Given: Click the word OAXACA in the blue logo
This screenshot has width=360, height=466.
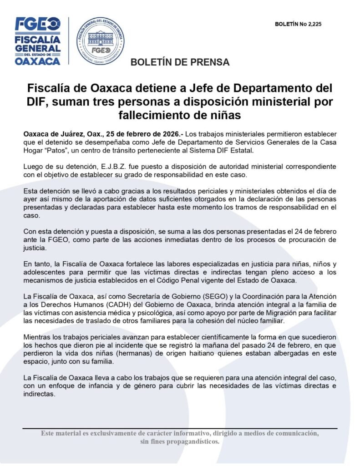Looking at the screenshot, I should (x=38, y=61).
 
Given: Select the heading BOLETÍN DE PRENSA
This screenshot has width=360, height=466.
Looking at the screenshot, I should (x=180, y=62).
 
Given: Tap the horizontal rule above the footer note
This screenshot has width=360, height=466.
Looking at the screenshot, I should (x=180, y=428).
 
